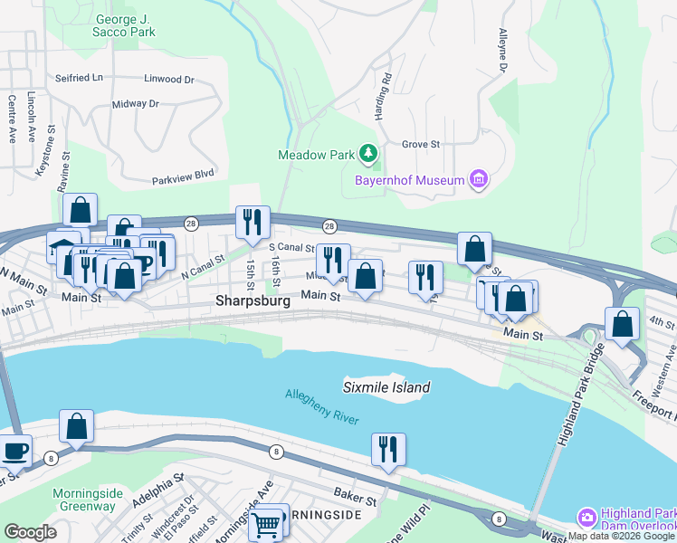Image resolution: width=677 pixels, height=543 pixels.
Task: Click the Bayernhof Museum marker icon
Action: coord(479,180)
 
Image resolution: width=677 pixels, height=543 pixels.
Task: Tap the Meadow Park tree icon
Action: coord(368,155)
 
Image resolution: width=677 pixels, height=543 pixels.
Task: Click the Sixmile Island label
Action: coord(386,387)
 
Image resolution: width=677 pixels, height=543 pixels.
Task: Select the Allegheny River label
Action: coord(322,407)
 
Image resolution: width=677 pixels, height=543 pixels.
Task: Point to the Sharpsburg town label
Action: coord(253,300)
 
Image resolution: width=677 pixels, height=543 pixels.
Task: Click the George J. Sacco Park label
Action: coord(124,25)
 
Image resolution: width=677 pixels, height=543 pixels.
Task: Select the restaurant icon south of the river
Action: coord(388,449)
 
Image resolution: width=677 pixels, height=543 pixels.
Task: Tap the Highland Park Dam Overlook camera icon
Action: coord(587,517)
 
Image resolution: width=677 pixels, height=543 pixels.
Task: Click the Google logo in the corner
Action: coord(30,532)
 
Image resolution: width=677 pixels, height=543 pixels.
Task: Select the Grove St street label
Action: coord(420,144)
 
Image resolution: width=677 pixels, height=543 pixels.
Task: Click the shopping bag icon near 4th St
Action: coord(622,325)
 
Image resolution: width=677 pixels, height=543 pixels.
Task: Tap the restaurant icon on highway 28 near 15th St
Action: coord(252,222)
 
